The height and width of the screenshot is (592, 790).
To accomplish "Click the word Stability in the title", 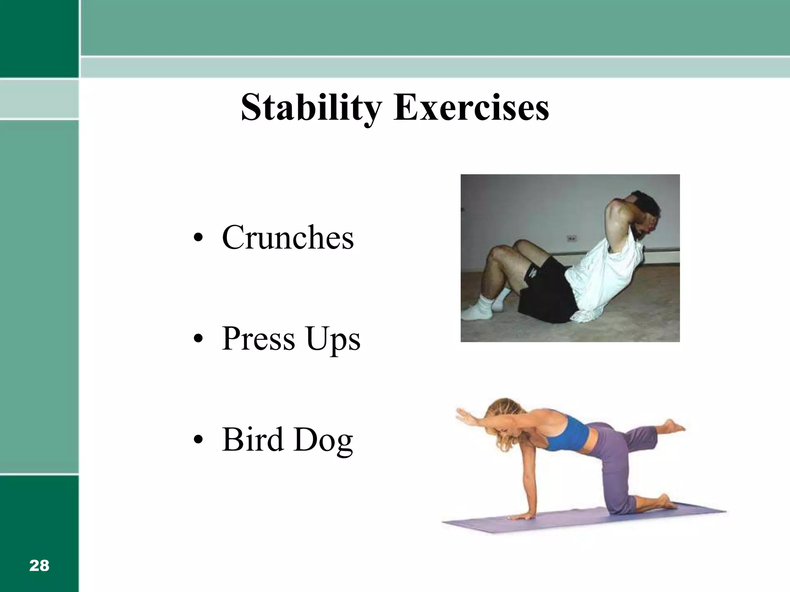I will pos(311,108).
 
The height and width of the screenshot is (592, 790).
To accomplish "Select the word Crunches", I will pos(287,238).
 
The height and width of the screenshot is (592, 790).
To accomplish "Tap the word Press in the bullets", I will pos(258,339).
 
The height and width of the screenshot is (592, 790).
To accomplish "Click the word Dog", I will pos(322,440).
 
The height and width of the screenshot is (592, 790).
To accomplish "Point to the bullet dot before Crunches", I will pos(198,239).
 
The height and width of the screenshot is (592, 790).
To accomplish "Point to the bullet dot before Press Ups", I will pos(198,340).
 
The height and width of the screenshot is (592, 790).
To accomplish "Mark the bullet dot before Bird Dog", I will pos(198,441).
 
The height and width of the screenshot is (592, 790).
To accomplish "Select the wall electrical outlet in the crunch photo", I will pos(572,238).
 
